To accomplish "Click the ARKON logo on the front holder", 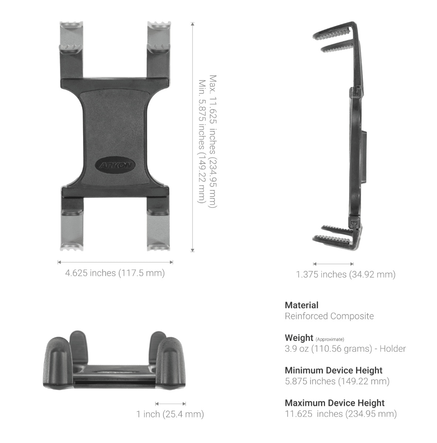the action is [x=115, y=165].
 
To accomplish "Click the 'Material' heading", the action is [x=301, y=305].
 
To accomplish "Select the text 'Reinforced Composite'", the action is [x=329, y=316].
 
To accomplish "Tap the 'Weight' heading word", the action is [x=299, y=338].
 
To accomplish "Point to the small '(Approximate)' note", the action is [x=330, y=339].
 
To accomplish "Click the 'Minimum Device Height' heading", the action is [x=334, y=370].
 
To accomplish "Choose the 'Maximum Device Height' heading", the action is [x=335, y=403].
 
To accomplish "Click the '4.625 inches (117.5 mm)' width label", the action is [x=115, y=273].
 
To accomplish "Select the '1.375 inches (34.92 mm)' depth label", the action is [x=346, y=275].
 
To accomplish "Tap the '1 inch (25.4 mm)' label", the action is [x=170, y=414].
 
